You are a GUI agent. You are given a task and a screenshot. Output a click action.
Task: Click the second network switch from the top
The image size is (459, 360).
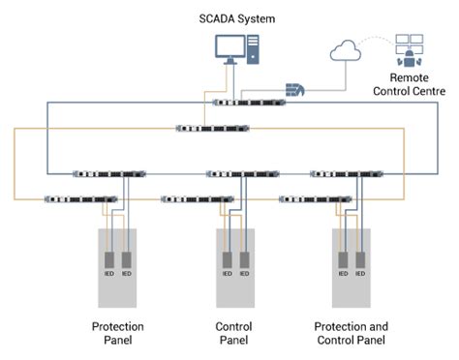(x=211, y=127)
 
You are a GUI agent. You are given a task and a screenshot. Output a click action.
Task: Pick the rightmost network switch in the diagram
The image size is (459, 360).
(x=343, y=175)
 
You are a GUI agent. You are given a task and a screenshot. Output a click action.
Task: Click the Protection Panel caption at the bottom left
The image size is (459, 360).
(x=118, y=332)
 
